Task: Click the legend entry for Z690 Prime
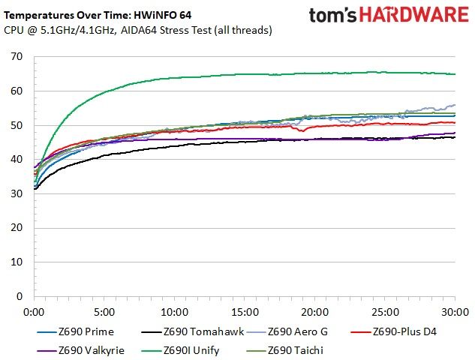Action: pyautogui.click(x=76, y=331)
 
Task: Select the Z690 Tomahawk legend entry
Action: pyautogui.click(x=192, y=331)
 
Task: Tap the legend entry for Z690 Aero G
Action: pyautogui.click(x=287, y=331)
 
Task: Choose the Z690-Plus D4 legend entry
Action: pyautogui.click(x=393, y=331)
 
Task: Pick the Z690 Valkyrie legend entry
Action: pyautogui.click(x=80, y=350)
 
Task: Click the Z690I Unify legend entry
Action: pyautogui.click(x=180, y=350)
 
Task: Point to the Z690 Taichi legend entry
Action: pyautogui.click(x=285, y=350)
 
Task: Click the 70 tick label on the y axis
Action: pyautogui.click(x=17, y=56)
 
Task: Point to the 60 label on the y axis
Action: pyautogui.click(x=17, y=91)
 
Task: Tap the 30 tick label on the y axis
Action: pyautogui.click(x=17, y=193)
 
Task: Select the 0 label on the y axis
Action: pyautogui.click(x=20, y=296)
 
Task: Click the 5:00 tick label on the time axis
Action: pyautogui.click(x=104, y=312)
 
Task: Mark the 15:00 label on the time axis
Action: pyautogui.click(x=245, y=312)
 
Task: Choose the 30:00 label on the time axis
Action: pyautogui.click(x=455, y=312)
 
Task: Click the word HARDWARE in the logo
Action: pyautogui.click(x=414, y=15)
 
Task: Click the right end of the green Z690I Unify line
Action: pyautogui.click(x=455, y=74)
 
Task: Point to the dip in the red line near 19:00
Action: pyautogui.click(x=302, y=130)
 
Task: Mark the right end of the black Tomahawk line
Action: pyautogui.click(x=455, y=137)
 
